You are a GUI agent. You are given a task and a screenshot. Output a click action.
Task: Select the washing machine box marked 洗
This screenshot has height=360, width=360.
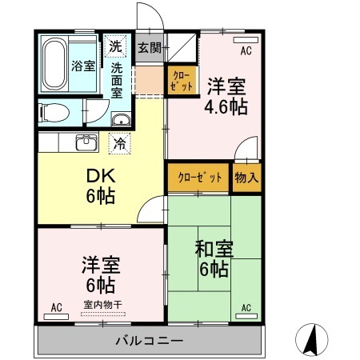point(117,46)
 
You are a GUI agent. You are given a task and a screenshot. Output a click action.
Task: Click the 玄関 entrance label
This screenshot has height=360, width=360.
point(149,47)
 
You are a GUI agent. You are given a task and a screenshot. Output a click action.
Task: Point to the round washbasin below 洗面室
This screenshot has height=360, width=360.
point(122,121)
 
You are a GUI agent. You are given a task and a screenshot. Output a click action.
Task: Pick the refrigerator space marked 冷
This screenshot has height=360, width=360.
point(119,145)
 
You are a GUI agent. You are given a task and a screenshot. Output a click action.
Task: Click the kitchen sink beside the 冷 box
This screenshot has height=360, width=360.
point(86,144)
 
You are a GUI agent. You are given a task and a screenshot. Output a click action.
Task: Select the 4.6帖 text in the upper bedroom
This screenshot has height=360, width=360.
point(226,105)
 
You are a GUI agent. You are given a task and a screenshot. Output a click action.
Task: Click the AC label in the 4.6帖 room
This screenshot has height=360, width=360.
point(246,51)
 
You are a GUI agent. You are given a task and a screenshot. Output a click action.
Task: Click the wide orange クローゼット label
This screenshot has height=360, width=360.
point(199,177)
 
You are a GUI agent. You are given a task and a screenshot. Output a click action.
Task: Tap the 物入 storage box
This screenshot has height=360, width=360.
point(246,177)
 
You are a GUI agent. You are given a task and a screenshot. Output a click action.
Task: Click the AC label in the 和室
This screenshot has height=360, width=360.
point(246,306)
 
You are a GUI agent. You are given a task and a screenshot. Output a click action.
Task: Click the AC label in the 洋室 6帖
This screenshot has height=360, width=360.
point(57,306)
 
